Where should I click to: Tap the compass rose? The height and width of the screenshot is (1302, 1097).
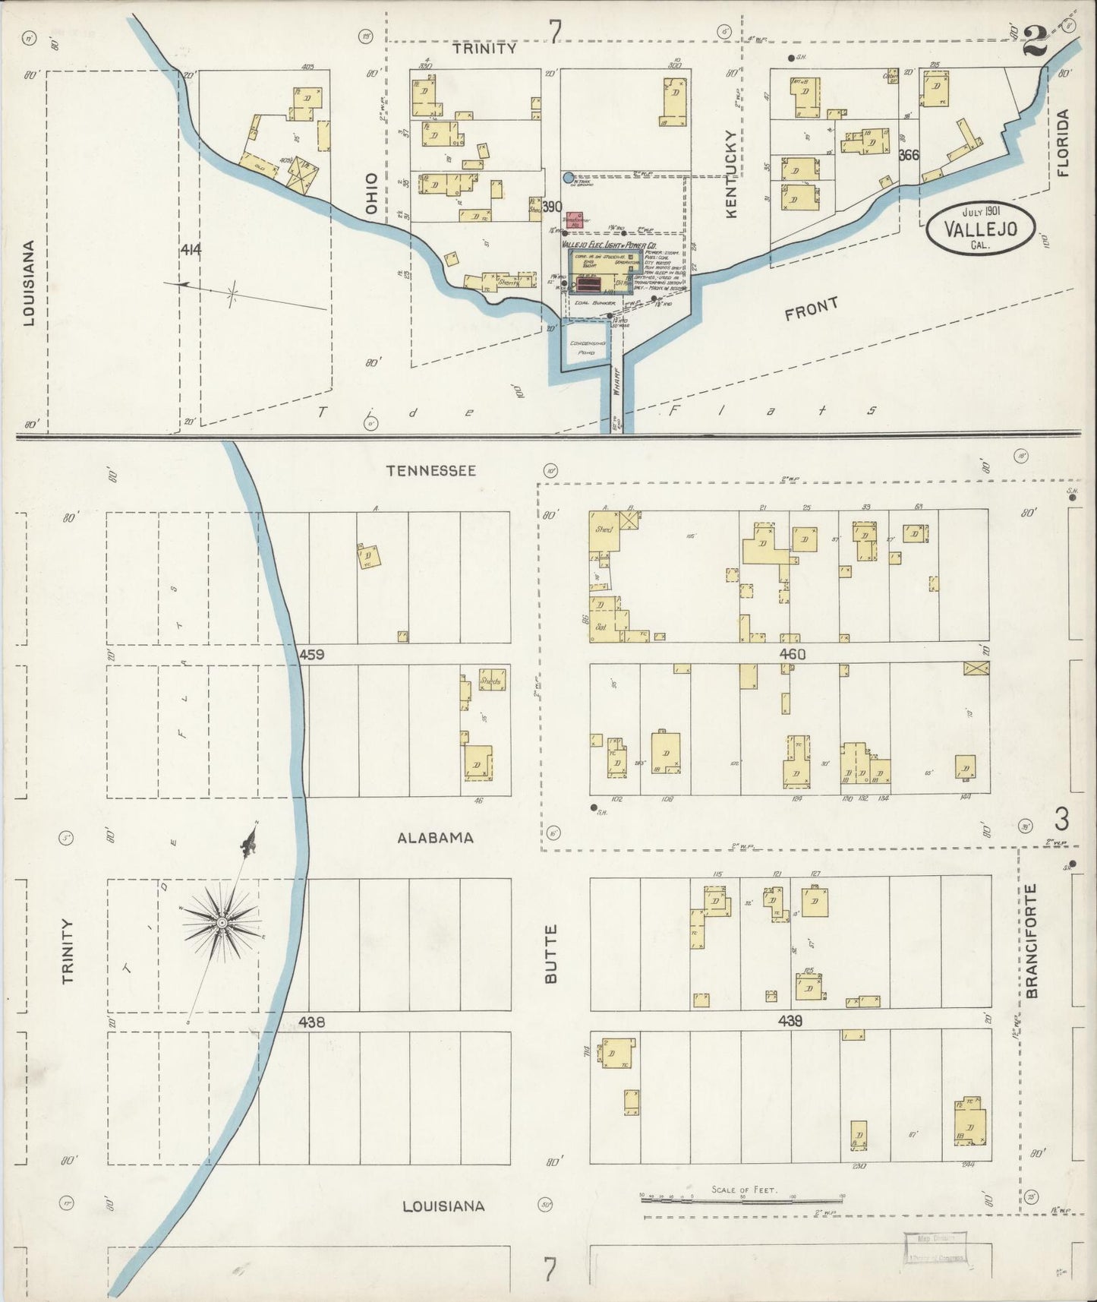[x=222, y=922]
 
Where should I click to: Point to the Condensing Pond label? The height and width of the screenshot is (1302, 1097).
[x=588, y=348]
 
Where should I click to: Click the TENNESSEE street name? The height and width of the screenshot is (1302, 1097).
[x=431, y=471]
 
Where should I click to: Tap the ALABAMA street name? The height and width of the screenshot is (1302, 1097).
[x=436, y=838]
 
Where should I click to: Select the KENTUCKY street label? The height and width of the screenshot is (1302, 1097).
[x=731, y=174]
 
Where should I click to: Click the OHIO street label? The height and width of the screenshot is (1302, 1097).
[x=371, y=193]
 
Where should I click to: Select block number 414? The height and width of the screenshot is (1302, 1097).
[x=191, y=249]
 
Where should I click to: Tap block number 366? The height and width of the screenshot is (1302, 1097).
[x=908, y=155]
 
